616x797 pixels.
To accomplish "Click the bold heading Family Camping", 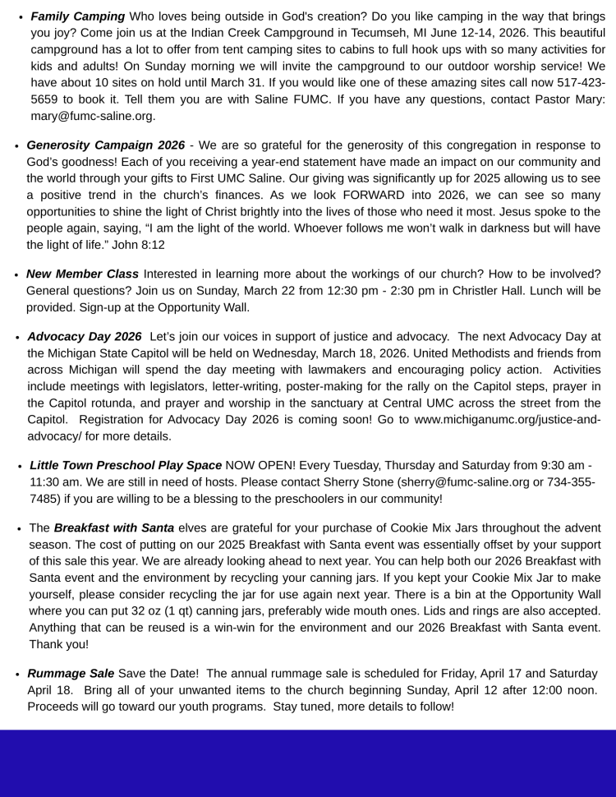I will tap(78, 16).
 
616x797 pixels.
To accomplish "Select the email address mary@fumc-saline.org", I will tap(93, 116).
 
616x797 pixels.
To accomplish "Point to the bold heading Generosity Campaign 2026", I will tap(105, 145).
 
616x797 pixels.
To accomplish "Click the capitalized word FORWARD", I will tap(375, 196).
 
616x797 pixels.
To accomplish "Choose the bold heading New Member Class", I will tap(82, 274).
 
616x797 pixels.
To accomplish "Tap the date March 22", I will tap(270, 291).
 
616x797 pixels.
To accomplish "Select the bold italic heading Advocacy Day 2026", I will tap(85, 337).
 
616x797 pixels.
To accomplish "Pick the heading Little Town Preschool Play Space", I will tap(126, 465).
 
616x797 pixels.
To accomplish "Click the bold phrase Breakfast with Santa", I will tap(114, 527).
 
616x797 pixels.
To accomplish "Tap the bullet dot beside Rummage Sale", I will tap(18, 675).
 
